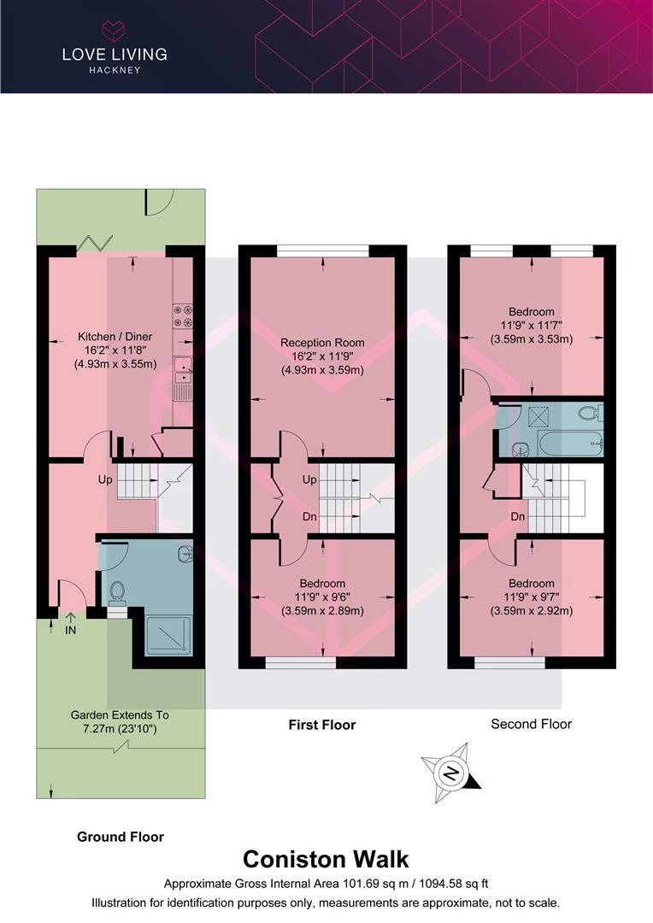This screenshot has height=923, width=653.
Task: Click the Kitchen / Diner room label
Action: (115, 337)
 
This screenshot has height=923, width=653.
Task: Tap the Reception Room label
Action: (322, 343)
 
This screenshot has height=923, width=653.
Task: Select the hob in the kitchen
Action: (183, 315)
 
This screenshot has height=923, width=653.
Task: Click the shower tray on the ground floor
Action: (168, 636)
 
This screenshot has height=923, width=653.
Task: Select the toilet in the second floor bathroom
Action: (591, 412)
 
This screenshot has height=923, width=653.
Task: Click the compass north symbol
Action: (451, 773)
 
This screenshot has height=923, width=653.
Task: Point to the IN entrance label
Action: (70, 631)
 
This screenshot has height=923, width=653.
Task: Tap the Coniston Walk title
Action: (326, 860)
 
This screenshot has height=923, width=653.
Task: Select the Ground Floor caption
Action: (121, 837)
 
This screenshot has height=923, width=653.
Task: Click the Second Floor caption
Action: (531, 724)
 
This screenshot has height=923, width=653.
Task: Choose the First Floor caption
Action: (322, 725)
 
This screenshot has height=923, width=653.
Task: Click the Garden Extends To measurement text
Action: (120, 722)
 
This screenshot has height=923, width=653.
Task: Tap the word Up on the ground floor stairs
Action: (105, 479)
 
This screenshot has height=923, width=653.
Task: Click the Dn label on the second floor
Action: (518, 517)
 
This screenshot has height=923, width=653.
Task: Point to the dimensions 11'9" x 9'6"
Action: (322, 597)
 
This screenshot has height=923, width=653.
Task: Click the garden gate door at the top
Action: (160, 202)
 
